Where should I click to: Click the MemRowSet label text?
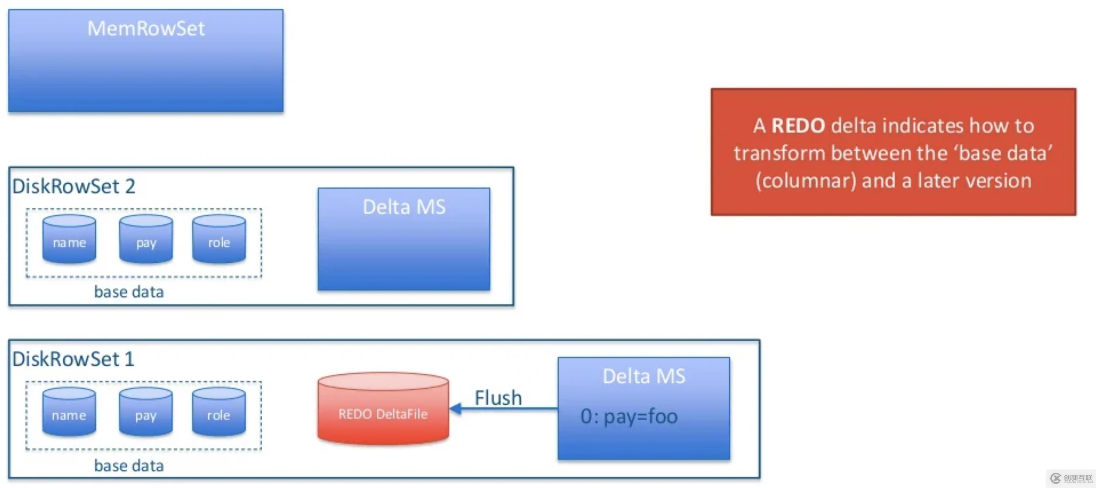pyautogui.click(x=146, y=28)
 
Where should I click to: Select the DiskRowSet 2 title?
pyautogui.click(x=73, y=186)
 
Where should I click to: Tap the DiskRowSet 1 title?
pyautogui.click(x=73, y=359)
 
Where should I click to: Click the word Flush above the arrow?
pyautogui.click(x=498, y=398)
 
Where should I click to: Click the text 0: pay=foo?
pyautogui.click(x=629, y=416)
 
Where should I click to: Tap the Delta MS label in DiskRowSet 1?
pyautogui.click(x=644, y=377)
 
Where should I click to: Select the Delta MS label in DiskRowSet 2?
pyautogui.click(x=404, y=207)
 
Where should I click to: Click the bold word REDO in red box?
pyautogui.click(x=798, y=126)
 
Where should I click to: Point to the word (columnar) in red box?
pyautogui.click(x=805, y=181)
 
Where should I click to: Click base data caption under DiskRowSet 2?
pyautogui.click(x=129, y=292)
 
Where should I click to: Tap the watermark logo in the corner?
pyautogui.click(x=1056, y=478)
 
